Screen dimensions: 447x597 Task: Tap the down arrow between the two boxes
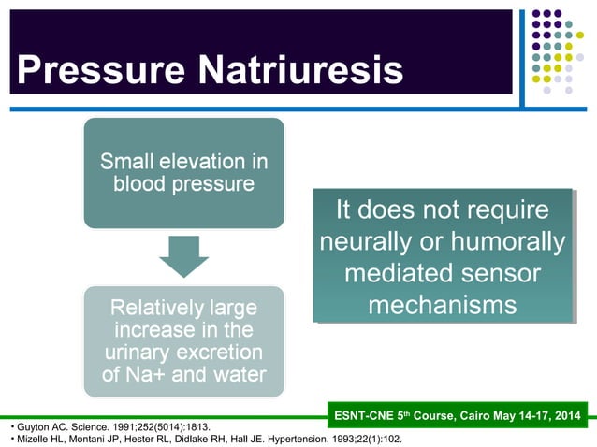[x=183, y=255]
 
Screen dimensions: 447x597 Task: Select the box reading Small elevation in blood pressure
[x=183, y=173]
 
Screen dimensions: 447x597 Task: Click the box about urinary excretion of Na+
[x=183, y=342]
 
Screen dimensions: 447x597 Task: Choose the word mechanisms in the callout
[x=442, y=305]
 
